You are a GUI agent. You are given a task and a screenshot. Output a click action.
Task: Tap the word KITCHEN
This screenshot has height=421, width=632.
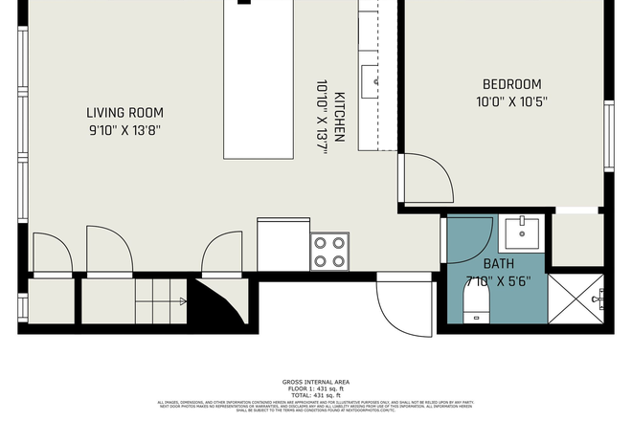339,113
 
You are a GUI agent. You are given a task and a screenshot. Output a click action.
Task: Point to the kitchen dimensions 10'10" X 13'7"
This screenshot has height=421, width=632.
322,113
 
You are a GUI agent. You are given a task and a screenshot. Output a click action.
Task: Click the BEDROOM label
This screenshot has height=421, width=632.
511,84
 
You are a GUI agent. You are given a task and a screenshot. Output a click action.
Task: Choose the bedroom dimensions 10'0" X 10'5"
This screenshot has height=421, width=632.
511,101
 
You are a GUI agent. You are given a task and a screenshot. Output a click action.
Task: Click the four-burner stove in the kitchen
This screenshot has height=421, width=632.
328,251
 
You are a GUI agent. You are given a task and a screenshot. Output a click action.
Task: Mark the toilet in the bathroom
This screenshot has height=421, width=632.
476,304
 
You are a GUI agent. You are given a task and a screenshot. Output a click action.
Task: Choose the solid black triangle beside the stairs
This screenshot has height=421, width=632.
213,304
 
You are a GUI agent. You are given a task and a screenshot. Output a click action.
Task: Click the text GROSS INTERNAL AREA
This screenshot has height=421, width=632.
316,382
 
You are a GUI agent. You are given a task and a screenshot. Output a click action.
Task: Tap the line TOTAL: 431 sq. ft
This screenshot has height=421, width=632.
316,394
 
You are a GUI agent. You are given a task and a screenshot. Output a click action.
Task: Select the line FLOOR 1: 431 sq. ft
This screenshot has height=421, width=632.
316,388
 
